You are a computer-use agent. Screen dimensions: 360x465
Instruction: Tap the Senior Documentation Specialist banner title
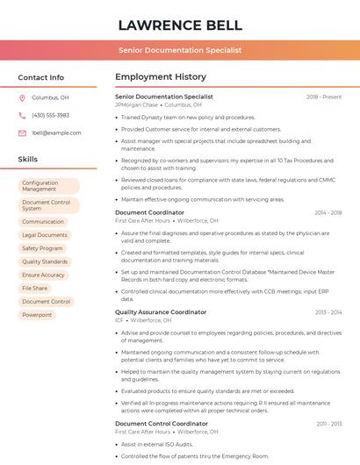click(x=180, y=51)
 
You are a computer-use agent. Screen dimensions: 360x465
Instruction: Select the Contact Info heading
click(x=41, y=77)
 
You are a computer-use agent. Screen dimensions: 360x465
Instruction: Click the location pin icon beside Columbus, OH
click(x=22, y=98)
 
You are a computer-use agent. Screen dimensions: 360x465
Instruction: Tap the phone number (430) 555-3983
click(x=50, y=116)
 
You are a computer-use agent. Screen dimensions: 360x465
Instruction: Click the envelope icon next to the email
click(x=22, y=133)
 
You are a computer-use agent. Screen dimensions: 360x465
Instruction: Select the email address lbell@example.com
click(x=56, y=133)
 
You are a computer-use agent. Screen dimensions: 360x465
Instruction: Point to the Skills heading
click(x=28, y=160)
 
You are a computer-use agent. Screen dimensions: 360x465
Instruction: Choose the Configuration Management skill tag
click(x=48, y=186)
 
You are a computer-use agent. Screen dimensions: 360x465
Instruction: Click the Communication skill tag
click(x=43, y=222)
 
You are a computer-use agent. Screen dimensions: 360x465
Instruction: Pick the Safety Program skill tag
click(x=42, y=248)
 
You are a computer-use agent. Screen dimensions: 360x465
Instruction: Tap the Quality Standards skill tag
click(x=45, y=261)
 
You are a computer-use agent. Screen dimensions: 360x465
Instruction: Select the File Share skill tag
click(x=35, y=288)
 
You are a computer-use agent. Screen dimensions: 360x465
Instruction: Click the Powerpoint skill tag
click(x=37, y=315)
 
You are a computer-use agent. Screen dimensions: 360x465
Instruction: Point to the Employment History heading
click(x=161, y=77)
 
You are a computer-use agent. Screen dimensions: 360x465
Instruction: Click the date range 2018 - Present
click(x=324, y=97)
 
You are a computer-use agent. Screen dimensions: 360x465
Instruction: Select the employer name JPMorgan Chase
click(x=136, y=104)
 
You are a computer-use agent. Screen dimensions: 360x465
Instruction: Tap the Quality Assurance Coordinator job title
click(x=161, y=312)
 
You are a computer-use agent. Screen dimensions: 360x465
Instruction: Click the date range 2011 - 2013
click(x=329, y=424)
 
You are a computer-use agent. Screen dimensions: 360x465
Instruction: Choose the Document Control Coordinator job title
click(x=162, y=424)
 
